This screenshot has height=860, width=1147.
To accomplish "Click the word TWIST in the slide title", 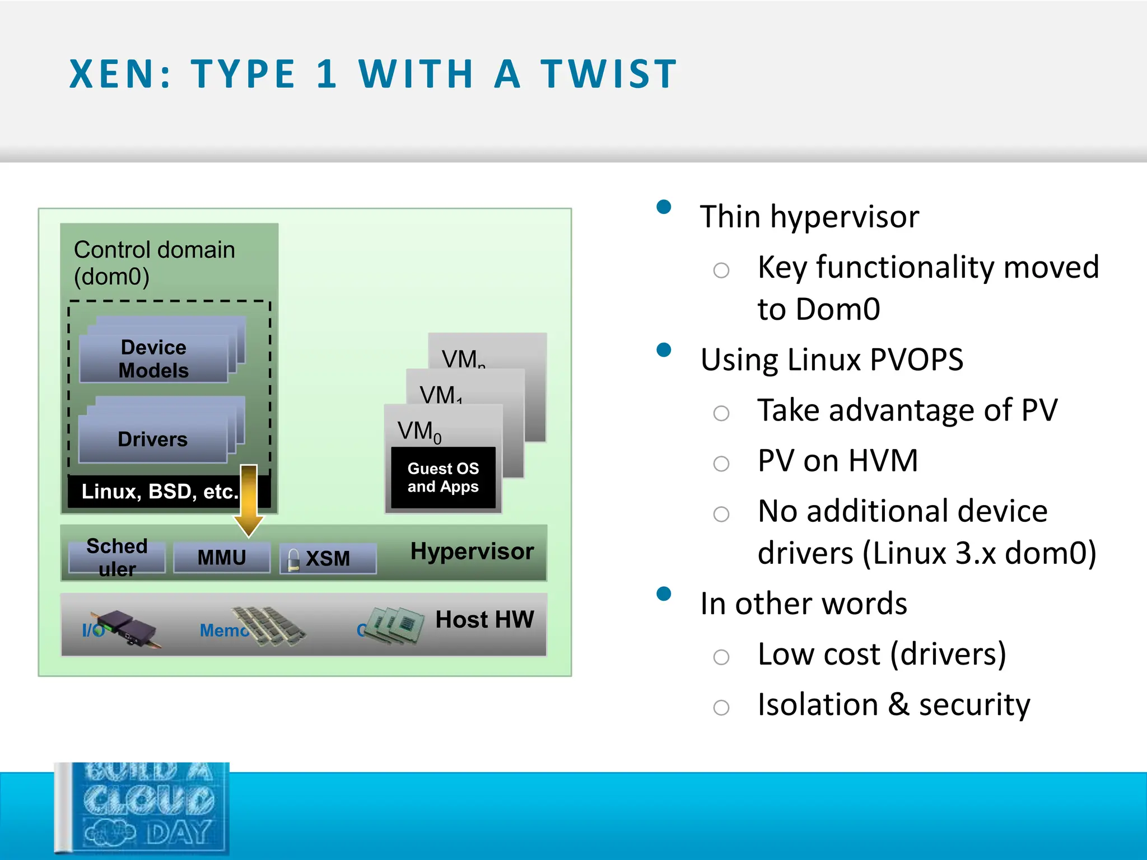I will pyautogui.click(x=609, y=74).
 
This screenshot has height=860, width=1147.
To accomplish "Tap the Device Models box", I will pyautogui.click(x=153, y=359).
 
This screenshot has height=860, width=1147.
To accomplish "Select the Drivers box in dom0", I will pyautogui.click(x=152, y=439).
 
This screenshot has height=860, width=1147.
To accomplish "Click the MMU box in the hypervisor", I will pyautogui.click(x=222, y=558).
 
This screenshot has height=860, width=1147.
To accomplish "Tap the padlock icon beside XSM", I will pyautogui.click(x=293, y=559).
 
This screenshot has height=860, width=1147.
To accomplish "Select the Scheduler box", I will pyautogui.click(x=117, y=558).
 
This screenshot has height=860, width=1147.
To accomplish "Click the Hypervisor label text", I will pyautogui.click(x=472, y=551).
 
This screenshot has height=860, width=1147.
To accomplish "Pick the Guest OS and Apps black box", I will pyautogui.click(x=443, y=478).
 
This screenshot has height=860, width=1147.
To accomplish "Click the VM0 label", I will pyautogui.click(x=419, y=432).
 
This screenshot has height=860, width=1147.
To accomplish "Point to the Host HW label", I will pyautogui.click(x=484, y=619).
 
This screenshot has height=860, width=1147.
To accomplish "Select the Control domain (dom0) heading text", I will pyautogui.click(x=154, y=263).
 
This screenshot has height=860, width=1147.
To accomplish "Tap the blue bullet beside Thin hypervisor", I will pyautogui.click(x=664, y=207).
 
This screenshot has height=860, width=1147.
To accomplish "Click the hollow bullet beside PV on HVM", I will pyautogui.click(x=721, y=464).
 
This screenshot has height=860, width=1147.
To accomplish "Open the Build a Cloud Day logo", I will pyautogui.click(x=143, y=807).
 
